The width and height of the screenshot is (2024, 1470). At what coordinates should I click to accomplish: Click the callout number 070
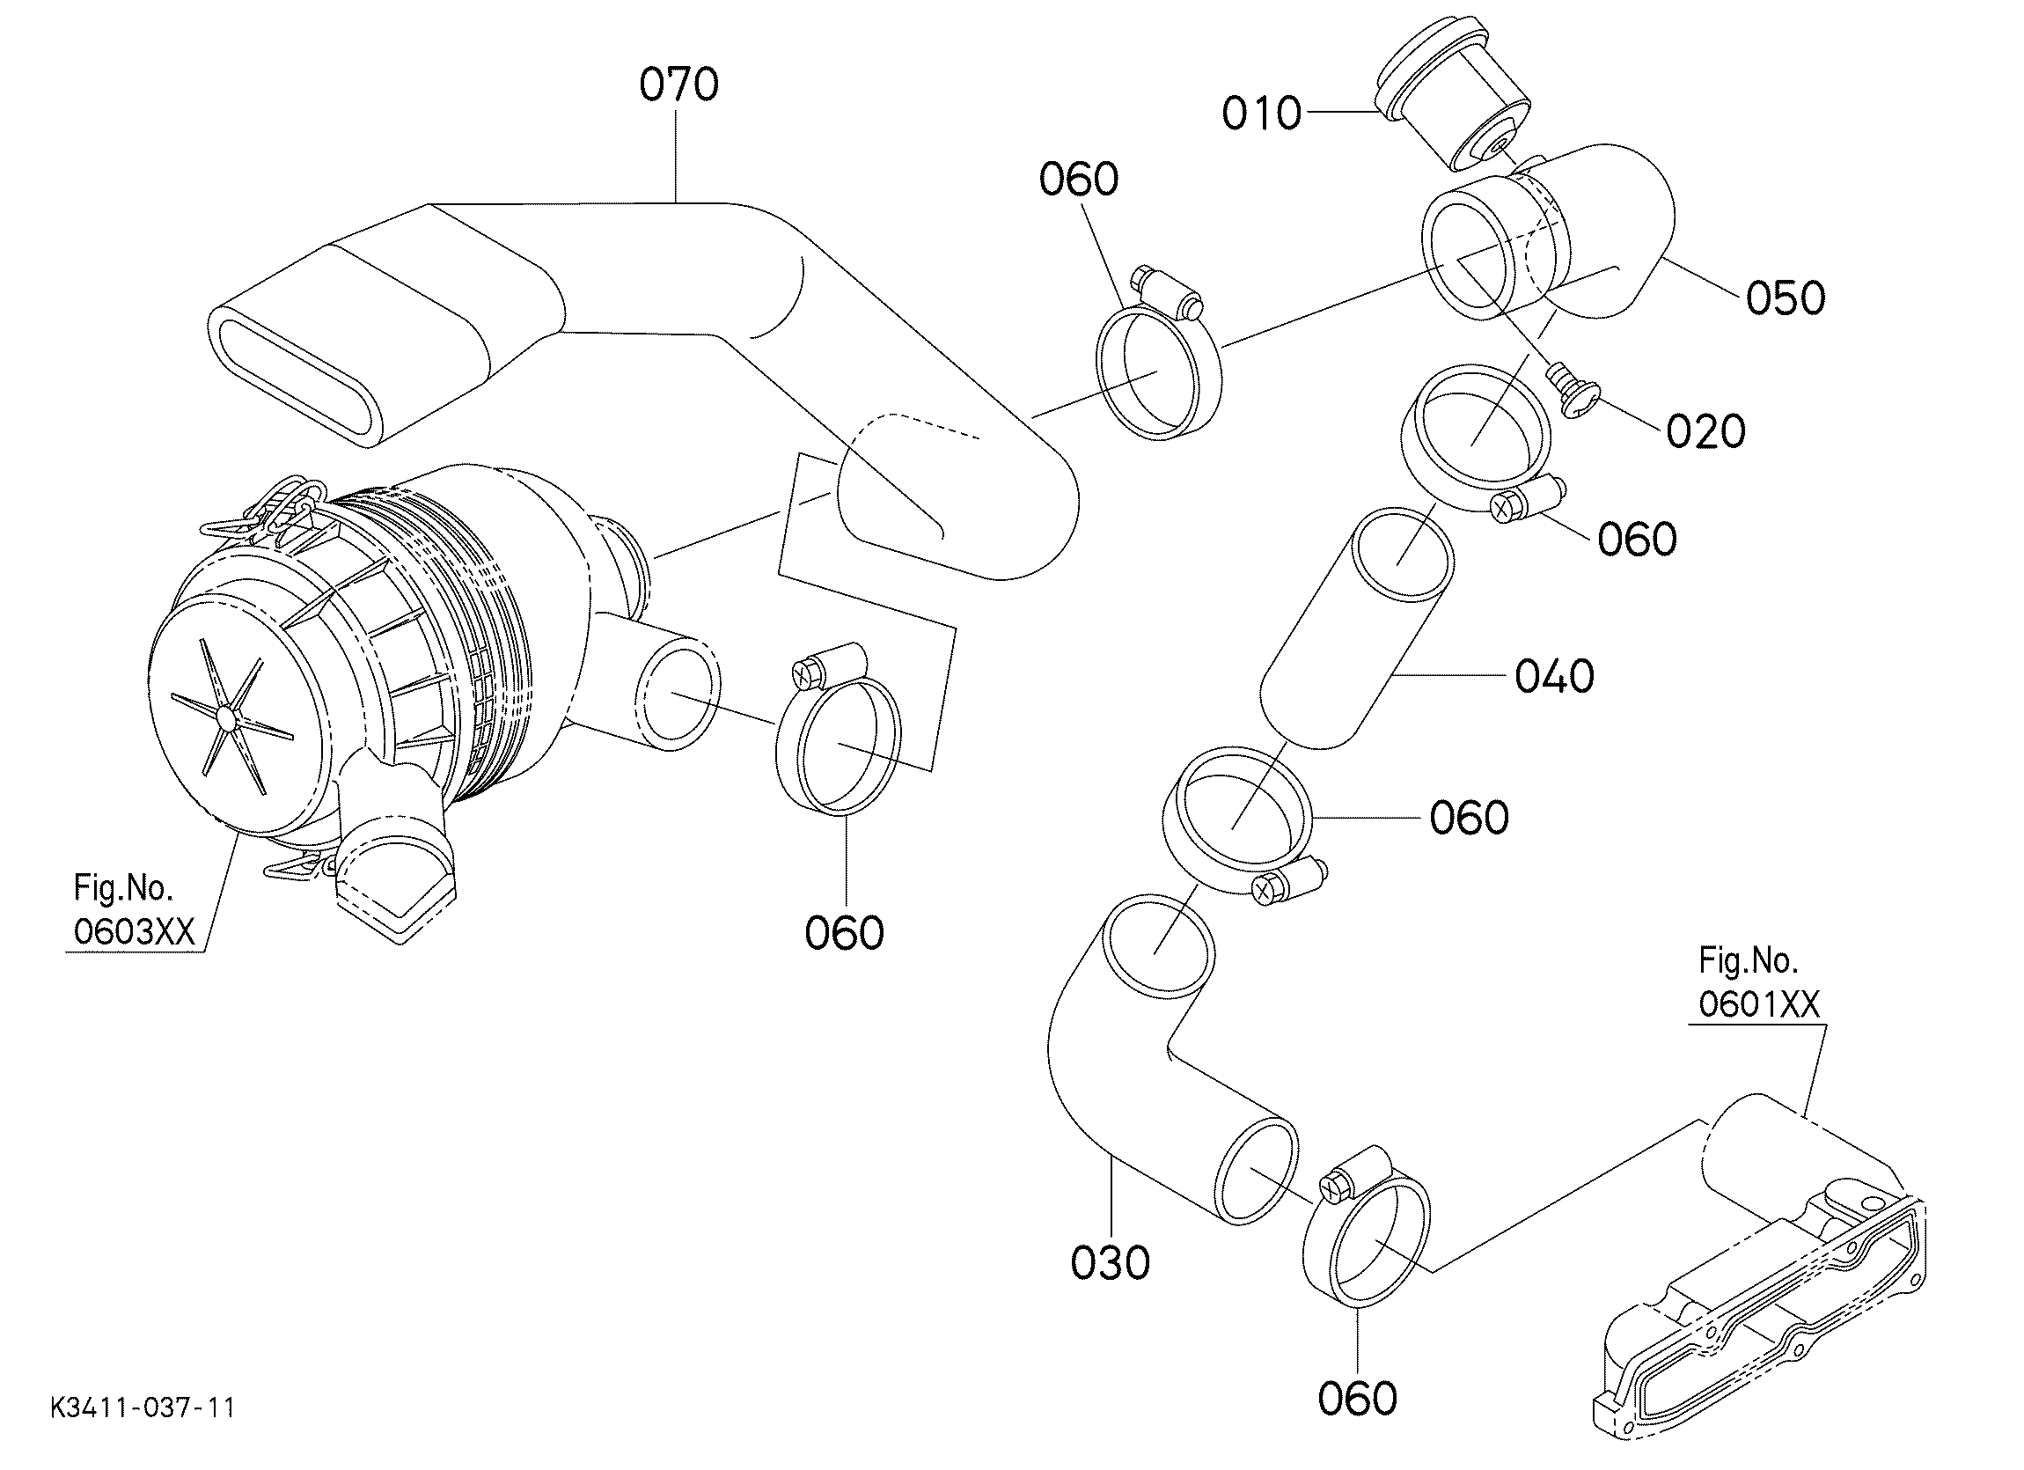coord(679,85)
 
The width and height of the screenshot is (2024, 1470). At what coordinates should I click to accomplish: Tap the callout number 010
coord(1261,114)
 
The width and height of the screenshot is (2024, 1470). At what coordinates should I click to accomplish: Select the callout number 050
coord(1786,298)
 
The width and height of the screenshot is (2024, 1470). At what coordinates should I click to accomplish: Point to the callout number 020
coord(1706,432)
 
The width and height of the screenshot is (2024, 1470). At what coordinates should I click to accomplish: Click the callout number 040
coord(1555,677)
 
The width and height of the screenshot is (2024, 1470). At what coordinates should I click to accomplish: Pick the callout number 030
coord(1111,1263)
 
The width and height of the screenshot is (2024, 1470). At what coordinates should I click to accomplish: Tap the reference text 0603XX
coord(134,932)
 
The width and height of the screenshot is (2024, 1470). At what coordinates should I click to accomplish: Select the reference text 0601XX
coord(1759,1005)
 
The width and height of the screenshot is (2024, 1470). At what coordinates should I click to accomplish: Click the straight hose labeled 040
coord(1354,628)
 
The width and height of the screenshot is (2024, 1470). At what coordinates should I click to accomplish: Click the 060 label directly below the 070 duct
coord(844,933)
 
